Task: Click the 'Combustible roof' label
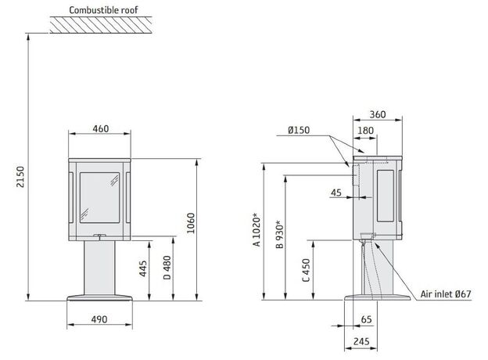click(x=103, y=10)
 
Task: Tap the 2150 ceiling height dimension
click(x=20, y=177)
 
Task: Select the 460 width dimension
click(x=101, y=128)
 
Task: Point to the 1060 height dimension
click(x=191, y=223)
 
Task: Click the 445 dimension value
click(x=143, y=268)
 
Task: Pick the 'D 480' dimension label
click(x=167, y=268)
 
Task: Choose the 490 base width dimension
click(x=99, y=319)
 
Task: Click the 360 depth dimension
click(x=378, y=114)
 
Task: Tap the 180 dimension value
click(x=366, y=130)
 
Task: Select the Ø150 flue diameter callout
click(x=299, y=130)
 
